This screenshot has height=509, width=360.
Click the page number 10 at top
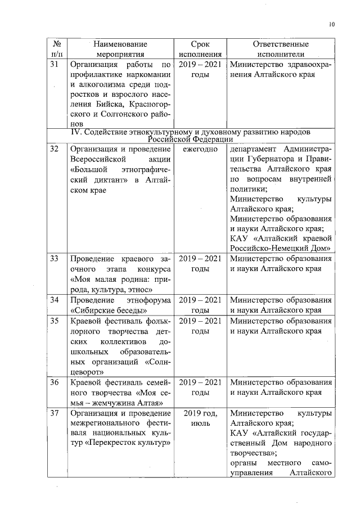332,24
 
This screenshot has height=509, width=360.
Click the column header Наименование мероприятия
120,49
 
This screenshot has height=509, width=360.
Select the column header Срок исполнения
200,49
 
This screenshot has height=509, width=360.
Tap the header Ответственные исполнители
281,49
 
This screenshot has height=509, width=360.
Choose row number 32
55,149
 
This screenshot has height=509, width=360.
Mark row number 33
55,259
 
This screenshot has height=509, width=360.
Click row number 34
55,299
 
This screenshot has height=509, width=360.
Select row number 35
55,321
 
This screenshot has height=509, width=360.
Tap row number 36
55,382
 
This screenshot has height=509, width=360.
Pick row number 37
55,414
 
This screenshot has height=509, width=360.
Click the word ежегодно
200,149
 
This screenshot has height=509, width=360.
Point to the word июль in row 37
200,424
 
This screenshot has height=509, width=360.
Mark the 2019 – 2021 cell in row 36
200,382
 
